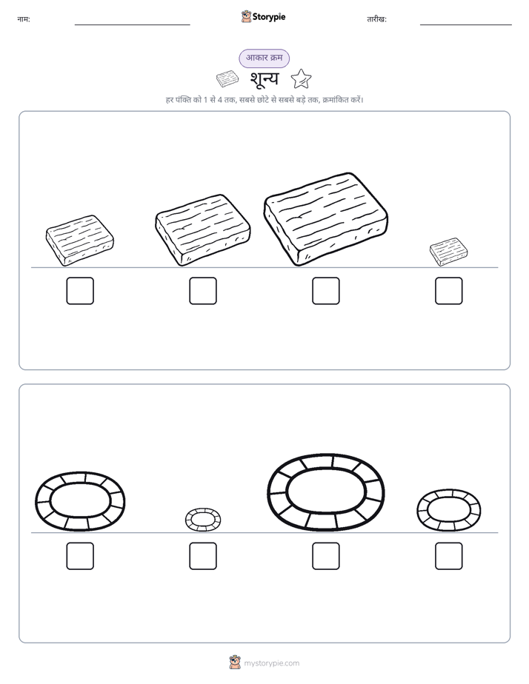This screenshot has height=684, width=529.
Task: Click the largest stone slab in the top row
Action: coord(325,219)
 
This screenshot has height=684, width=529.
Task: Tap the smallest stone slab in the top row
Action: coord(449,252)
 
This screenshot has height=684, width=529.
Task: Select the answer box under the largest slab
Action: coord(325,290)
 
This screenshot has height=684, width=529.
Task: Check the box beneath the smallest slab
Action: coord(449,290)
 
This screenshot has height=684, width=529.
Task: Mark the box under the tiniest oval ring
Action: coord(203,556)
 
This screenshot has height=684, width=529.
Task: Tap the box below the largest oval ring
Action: coord(325,556)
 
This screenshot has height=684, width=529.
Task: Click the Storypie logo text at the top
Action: coord(269,17)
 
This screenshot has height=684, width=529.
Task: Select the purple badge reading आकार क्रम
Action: coord(264,58)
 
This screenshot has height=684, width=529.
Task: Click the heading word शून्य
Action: coord(264,79)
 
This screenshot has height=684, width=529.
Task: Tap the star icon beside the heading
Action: coord(301,79)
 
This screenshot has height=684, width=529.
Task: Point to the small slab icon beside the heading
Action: coord(227,79)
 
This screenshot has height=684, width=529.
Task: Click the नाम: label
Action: coord(24,19)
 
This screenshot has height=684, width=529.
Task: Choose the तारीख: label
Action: coord(376,19)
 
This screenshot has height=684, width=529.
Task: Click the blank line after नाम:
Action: coord(132,25)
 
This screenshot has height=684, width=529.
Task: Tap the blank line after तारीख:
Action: coord(466,25)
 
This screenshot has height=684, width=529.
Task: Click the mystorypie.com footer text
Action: coord(271,663)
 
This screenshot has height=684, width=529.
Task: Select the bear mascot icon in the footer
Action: coord(235,663)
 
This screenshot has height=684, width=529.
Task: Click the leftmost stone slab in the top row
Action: coord(80,240)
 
